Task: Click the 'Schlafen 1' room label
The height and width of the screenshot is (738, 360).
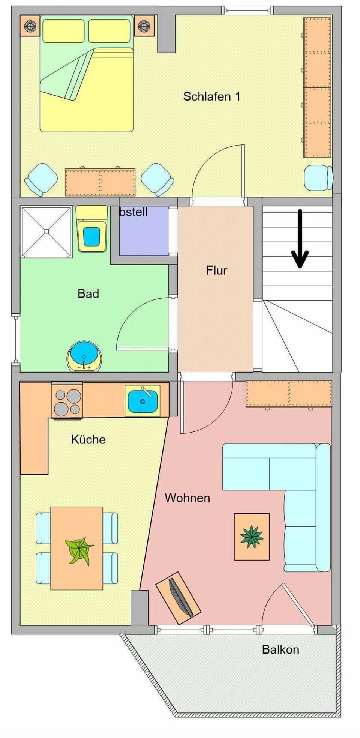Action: tap(211, 96)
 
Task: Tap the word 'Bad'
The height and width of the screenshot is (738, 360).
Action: tap(88, 293)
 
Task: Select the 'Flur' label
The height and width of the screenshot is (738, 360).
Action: tap(216, 270)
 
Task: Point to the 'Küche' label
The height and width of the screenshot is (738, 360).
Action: tap(88, 439)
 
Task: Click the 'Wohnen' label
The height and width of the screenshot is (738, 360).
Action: tap(187, 498)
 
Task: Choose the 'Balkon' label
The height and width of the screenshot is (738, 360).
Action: tap(280, 649)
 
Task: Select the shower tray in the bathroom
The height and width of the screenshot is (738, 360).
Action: tap(46, 231)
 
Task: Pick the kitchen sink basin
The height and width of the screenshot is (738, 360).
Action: tap(142, 401)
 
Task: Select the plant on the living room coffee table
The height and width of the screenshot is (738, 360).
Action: tap(252, 537)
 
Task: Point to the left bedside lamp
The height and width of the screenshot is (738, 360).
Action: tap(29, 26)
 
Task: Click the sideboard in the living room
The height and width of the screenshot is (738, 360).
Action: tap(289, 394)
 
